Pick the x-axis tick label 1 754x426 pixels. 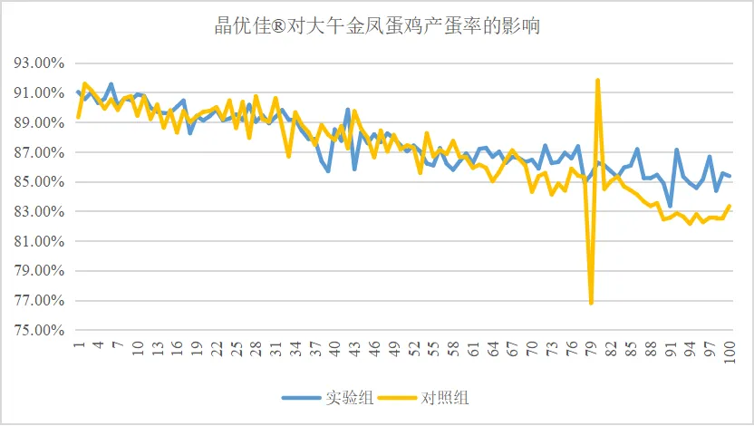(x=79, y=344)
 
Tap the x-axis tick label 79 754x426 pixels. (x=592, y=347)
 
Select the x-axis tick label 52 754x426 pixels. (x=414, y=347)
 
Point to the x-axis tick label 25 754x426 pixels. (x=237, y=347)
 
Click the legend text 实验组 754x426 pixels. (x=345, y=397)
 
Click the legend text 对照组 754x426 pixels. (x=445, y=397)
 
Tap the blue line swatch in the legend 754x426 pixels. (x=301, y=397)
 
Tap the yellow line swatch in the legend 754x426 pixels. (x=400, y=397)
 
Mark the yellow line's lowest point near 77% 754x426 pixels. (x=591, y=303)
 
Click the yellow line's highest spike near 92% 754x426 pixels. (x=598, y=81)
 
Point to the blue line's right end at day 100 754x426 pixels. (x=730, y=176)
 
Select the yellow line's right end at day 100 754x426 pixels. (x=730, y=206)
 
